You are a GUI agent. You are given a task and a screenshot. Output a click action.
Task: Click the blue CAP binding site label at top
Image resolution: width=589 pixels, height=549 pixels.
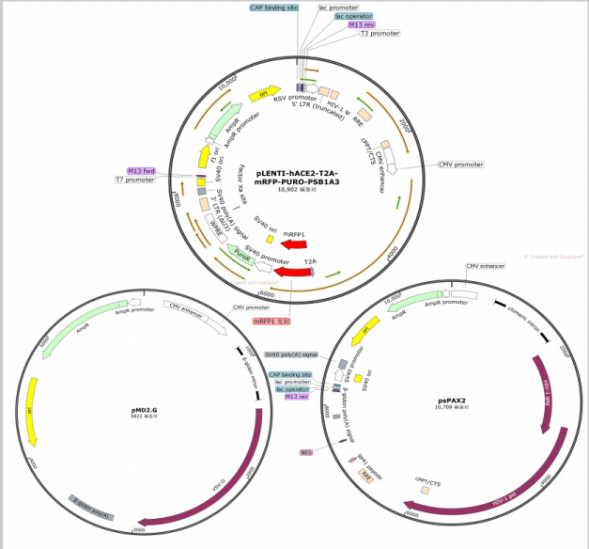274,7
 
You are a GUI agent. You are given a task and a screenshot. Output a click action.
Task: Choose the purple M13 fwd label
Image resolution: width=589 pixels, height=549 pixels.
141,171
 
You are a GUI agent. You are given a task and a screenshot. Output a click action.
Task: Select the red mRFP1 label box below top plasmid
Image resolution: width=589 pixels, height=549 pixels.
271,322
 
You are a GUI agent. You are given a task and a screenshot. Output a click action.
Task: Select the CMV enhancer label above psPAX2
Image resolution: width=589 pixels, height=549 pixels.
487,266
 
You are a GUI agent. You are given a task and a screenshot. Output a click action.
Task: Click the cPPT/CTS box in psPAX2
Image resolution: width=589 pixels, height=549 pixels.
426,490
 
